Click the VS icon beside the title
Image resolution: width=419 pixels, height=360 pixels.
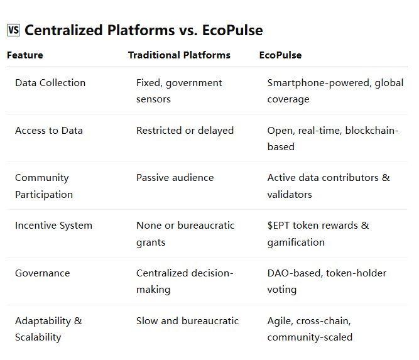pyautogui.click(x=13, y=30)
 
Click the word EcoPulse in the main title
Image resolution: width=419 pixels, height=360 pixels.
pyautogui.click(x=232, y=30)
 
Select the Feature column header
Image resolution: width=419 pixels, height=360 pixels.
pyautogui.click(x=25, y=55)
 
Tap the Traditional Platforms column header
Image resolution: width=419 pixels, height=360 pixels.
pyautogui.click(x=179, y=55)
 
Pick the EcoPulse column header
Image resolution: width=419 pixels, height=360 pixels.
pyautogui.click(x=280, y=55)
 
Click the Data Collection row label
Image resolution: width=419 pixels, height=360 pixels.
pyautogui.click(x=50, y=83)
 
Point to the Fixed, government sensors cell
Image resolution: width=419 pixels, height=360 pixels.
pyautogui.click(x=179, y=91)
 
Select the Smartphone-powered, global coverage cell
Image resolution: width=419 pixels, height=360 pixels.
pyautogui.click(x=335, y=91)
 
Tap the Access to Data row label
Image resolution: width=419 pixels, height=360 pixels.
pyautogui.click(x=49, y=131)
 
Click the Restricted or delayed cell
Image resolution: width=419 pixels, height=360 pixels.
pyautogui.click(x=185, y=131)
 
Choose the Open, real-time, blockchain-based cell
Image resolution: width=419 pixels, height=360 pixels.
pyautogui.click(x=333, y=138)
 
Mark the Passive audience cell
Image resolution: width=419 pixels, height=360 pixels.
pyautogui.click(x=175, y=178)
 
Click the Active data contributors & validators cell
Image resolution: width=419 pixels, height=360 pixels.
pyautogui.click(x=329, y=186)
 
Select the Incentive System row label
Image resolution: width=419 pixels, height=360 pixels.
pyautogui.click(x=54, y=226)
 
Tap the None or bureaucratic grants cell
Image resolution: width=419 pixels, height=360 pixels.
pyautogui.click(x=185, y=234)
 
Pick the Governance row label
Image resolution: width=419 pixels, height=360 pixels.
pyautogui.click(x=43, y=273)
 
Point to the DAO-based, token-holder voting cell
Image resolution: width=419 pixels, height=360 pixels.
pyautogui.click(x=327, y=281)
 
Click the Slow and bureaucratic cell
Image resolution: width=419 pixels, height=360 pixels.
pyautogui.click(x=187, y=320)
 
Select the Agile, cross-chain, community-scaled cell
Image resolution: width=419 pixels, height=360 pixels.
pyautogui.click(x=310, y=329)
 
